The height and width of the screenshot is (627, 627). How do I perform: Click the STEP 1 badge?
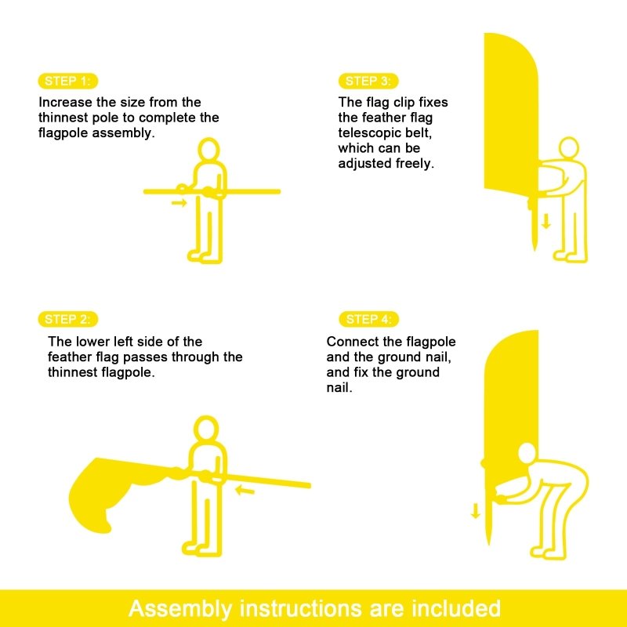click(x=68, y=82)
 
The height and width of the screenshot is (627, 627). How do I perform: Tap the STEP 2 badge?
click(x=68, y=319)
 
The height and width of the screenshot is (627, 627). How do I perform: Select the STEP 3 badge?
click(x=368, y=82)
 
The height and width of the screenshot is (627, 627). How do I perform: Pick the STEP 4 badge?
click(x=368, y=319)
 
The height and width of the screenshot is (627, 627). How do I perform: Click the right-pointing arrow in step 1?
click(x=179, y=203)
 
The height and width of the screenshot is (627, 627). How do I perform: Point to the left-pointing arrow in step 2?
click(x=245, y=489)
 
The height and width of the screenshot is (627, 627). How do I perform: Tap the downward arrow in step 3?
click(x=545, y=221)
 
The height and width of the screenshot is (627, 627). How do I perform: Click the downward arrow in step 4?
click(x=476, y=511)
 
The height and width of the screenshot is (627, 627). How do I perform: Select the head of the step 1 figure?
click(x=208, y=150)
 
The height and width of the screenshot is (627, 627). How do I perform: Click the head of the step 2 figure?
click(x=206, y=429)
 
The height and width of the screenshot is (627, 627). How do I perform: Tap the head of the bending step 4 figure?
click(x=527, y=454)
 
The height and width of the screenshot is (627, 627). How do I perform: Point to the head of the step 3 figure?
click(x=569, y=147)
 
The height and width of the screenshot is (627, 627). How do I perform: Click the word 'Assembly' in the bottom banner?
click(x=180, y=609)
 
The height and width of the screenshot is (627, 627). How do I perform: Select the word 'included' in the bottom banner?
click(x=456, y=608)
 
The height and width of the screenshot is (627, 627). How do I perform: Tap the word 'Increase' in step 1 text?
click(x=65, y=102)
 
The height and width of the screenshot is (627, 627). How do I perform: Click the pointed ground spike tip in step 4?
click(x=488, y=545)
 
